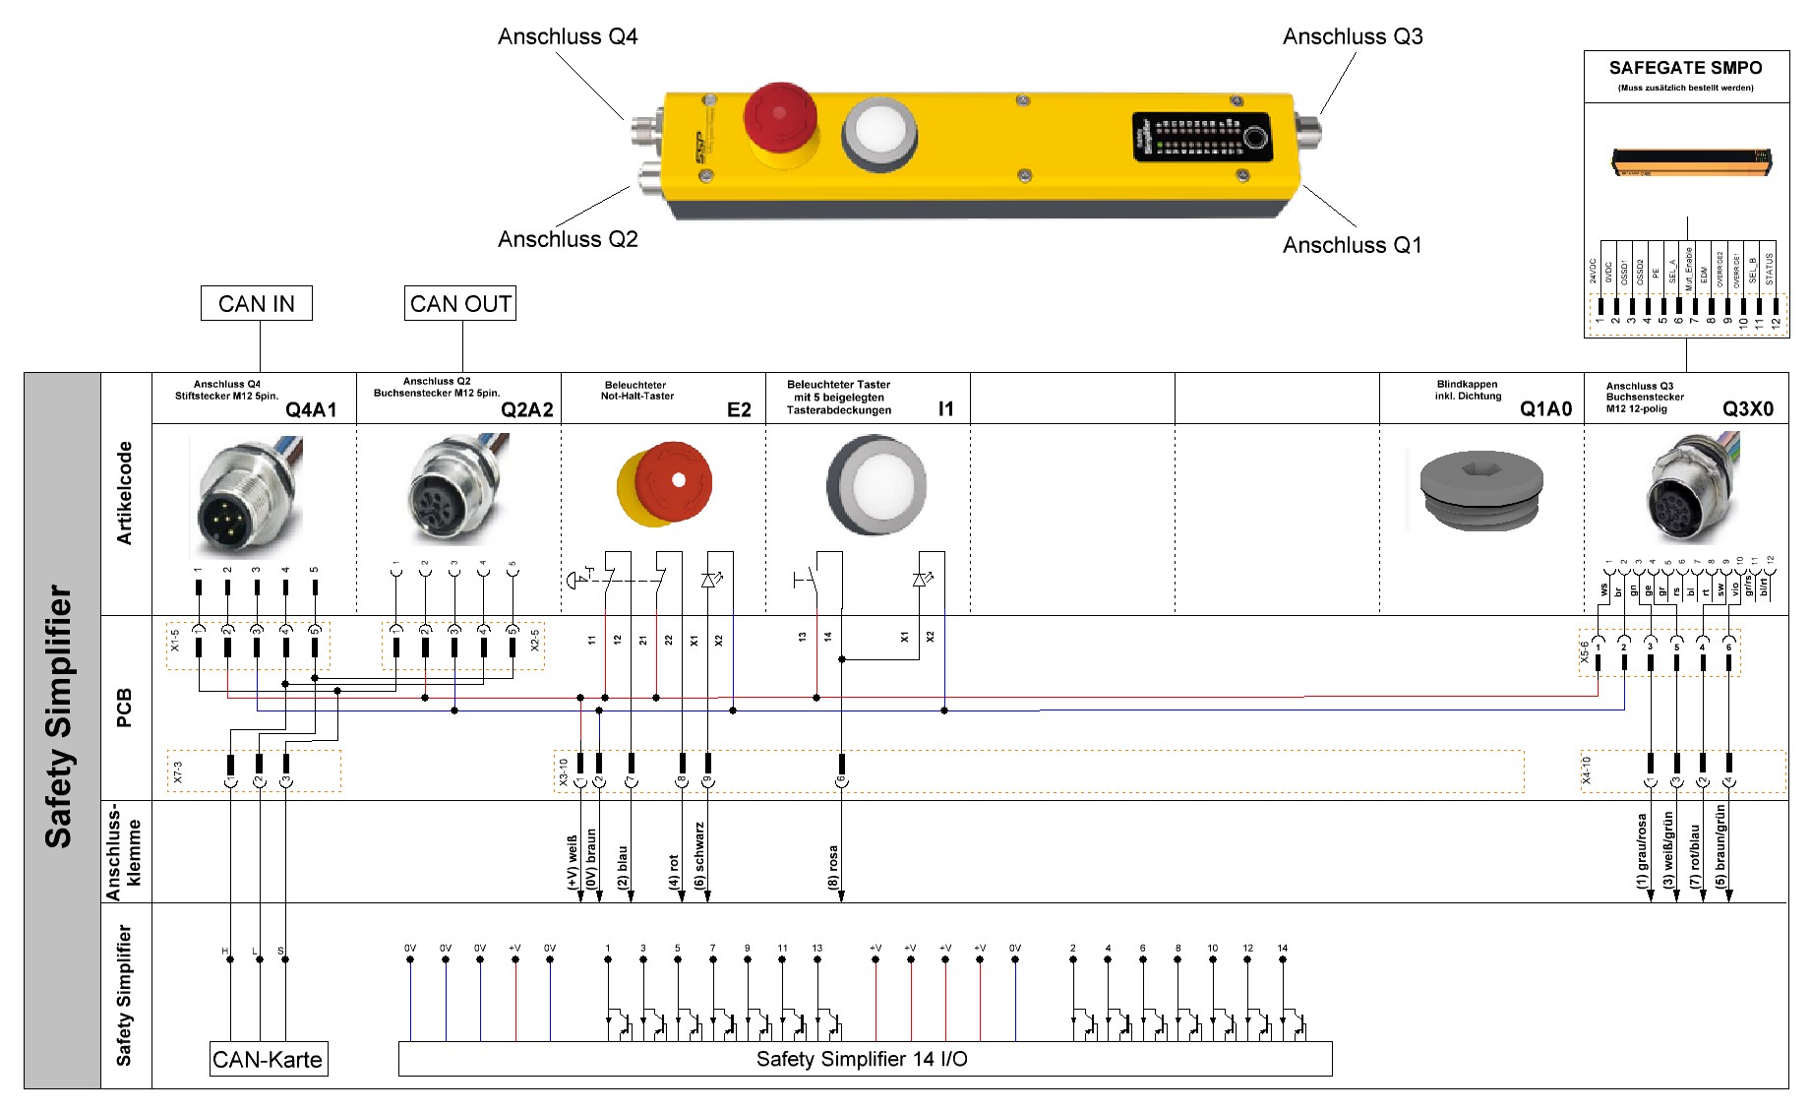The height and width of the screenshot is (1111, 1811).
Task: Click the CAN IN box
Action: coord(256,303)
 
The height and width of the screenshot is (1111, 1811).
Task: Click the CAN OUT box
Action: coord(460,303)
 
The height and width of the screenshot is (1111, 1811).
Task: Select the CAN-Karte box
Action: coord(268,1059)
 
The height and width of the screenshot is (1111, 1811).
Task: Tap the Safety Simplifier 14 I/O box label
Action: coord(862,1059)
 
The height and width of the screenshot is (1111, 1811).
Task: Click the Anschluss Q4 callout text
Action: coord(568,36)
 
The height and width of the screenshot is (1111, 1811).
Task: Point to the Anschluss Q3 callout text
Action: coord(1353,36)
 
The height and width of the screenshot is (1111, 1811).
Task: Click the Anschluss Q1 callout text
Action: coord(1353,245)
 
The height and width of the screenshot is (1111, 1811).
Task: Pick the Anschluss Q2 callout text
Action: coord(568,239)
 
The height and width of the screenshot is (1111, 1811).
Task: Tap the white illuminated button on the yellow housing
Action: coord(879,132)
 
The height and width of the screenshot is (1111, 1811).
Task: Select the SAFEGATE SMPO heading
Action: coord(1685,68)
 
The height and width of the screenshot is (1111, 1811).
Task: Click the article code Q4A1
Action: coord(311,409)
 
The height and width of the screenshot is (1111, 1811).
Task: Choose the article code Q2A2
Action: coord(527,409)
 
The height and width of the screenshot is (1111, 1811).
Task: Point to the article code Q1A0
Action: coord(1545,408)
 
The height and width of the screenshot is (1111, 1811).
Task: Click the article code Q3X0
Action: coord(1748,408)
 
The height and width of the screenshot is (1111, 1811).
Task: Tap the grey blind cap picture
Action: coord(1480,490)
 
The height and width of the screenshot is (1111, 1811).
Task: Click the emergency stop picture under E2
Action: coord(665,484)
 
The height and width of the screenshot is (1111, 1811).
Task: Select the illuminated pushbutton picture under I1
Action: coord(875,484)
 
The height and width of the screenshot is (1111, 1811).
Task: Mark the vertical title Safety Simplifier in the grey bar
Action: coord(59,716)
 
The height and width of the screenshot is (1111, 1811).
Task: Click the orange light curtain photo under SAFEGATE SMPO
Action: coord(1690,160)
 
